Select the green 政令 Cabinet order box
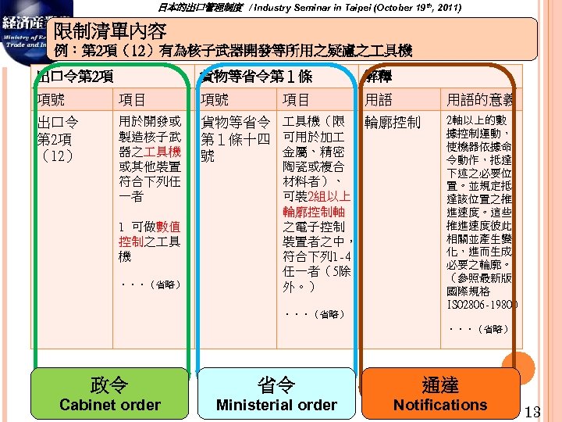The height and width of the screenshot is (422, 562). (109, 393)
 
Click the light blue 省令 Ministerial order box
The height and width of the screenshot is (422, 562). (276, 393)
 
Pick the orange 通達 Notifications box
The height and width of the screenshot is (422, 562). (440, 393)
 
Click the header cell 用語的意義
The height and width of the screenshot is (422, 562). (479, 99)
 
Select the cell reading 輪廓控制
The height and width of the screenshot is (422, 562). (392, 123)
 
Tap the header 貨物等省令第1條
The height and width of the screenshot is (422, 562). (256, 77)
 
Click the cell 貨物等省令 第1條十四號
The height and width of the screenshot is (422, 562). (236, 139)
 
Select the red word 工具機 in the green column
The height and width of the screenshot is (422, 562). (165, 151)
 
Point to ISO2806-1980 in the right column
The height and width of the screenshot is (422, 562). (479, 304)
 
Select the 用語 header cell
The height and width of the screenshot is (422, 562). (379, 99)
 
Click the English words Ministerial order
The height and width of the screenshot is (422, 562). (276, 405)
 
